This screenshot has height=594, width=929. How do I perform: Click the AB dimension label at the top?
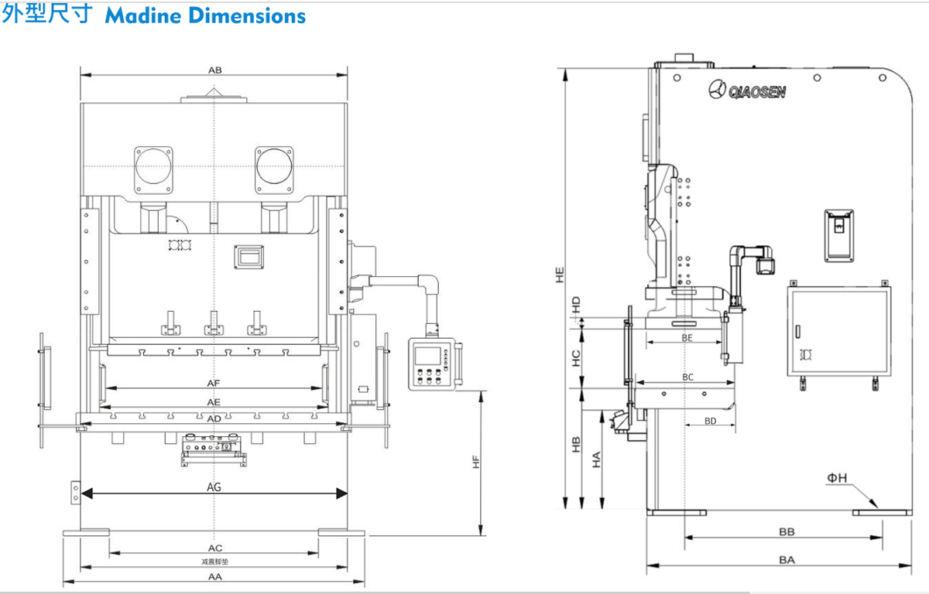215,70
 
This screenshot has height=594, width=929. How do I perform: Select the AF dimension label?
214,383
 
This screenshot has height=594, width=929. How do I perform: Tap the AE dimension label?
214,402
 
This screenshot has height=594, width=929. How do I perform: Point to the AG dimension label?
214,487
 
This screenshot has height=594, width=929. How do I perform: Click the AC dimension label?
215,548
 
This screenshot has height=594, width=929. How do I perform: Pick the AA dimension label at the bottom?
215,577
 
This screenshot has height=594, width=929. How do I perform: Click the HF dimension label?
477,461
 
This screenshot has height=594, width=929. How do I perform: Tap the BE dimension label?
687,338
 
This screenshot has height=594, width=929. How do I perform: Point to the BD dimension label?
710,421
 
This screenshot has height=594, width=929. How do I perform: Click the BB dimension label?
787,532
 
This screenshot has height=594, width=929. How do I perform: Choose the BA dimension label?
787,559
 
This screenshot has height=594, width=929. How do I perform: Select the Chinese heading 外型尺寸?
48,15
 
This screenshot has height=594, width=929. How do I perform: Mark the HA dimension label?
597,460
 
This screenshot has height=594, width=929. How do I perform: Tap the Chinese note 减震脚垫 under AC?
214,561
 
